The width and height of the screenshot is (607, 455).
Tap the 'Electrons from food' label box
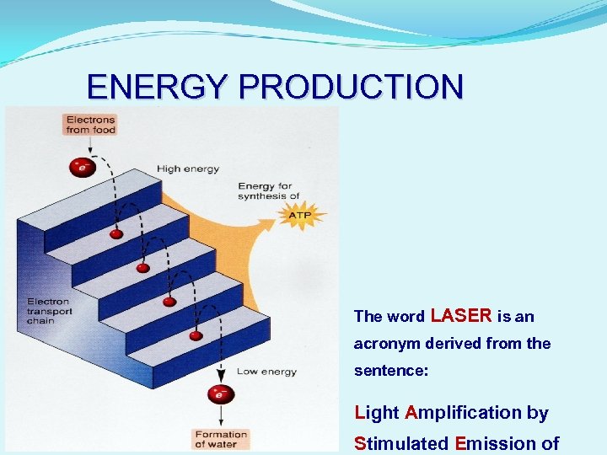pos(90,125)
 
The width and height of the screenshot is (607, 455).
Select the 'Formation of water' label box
pos(221,439)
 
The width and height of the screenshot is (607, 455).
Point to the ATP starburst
pos(300,216)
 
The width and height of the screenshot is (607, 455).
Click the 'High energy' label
pos(188,169)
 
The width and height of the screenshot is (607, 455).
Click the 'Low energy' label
pos(266,372)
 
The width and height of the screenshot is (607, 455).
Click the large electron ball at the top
pos(82,167)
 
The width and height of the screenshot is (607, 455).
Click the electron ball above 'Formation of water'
pos(221,393)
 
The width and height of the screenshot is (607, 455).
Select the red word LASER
pos(460,316)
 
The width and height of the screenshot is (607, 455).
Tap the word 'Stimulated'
pos(401,443)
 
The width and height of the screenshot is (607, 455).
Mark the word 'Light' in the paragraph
pos(377,413)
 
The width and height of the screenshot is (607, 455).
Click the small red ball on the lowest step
pos(196,335)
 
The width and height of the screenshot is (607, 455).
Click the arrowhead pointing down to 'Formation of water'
pos(221,420)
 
